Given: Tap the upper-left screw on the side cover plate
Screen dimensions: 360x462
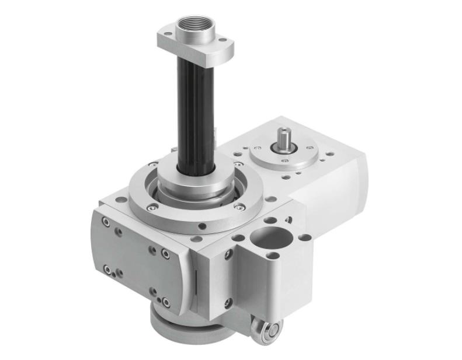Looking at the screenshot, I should (106, 223).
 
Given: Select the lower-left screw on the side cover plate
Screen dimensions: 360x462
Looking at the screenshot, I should (107, 270).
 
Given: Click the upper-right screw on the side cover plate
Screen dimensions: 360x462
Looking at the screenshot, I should (165, 254).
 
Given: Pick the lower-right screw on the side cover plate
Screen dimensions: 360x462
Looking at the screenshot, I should (165, 302).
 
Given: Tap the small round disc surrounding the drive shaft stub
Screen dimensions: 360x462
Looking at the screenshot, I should (284, 153).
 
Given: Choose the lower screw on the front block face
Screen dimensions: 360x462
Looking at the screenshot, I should (229, 302).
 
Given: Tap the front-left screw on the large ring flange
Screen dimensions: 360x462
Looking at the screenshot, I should (152, 206).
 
